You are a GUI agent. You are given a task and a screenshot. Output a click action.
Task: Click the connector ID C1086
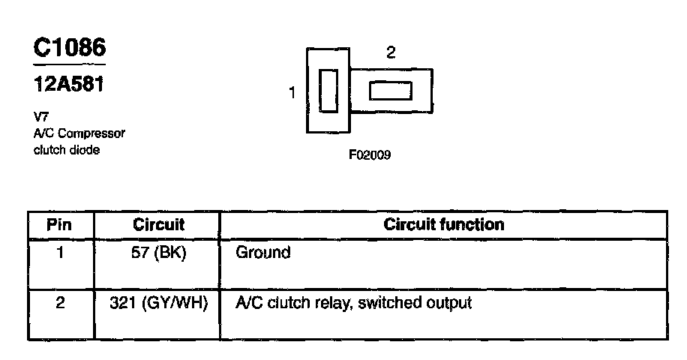tap(70, 47)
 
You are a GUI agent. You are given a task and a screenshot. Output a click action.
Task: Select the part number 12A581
tap(68, 85)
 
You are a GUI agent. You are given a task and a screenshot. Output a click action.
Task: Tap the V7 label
tap(41, 118)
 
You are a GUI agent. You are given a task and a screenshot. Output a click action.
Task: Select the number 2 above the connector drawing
tap(390, 52)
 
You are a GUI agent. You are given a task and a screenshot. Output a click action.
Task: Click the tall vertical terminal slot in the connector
tap(328, 91)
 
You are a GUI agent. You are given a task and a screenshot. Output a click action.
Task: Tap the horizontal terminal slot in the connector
tap(390, 91)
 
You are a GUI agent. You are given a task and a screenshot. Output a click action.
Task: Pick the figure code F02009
tap(370, 156)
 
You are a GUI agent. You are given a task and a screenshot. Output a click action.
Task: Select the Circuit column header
tap(158, 224)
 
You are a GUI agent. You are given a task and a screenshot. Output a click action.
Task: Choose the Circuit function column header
tap(444, 224)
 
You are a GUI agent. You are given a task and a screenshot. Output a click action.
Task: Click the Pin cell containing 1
tap(60, 253)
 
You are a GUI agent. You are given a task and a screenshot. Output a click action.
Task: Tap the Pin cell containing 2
tap(60, 304)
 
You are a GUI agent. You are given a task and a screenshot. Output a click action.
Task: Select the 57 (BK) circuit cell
tap(158, 253)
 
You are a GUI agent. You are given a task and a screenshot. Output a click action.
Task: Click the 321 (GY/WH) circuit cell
tap(158, 304)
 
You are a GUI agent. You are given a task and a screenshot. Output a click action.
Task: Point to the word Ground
tap(262, 253)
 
